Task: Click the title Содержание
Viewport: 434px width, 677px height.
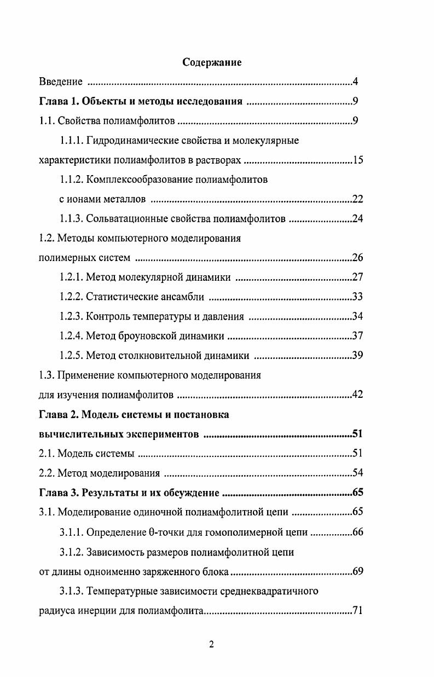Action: click(212, 62)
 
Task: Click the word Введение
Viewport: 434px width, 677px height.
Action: click(61, 82)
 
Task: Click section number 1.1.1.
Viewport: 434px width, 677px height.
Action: click(71, 141)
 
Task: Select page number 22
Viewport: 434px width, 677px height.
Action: click(357, 199)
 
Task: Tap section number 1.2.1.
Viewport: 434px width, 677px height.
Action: click(71, 277)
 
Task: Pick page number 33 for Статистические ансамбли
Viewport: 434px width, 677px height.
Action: click(357, 297)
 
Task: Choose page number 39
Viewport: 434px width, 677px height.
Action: click(357, 355)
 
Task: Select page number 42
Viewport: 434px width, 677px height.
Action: click(357, 394)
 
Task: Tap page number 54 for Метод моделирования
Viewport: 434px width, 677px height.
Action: click(357, 473)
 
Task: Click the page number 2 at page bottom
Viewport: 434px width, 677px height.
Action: click(212, 644)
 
